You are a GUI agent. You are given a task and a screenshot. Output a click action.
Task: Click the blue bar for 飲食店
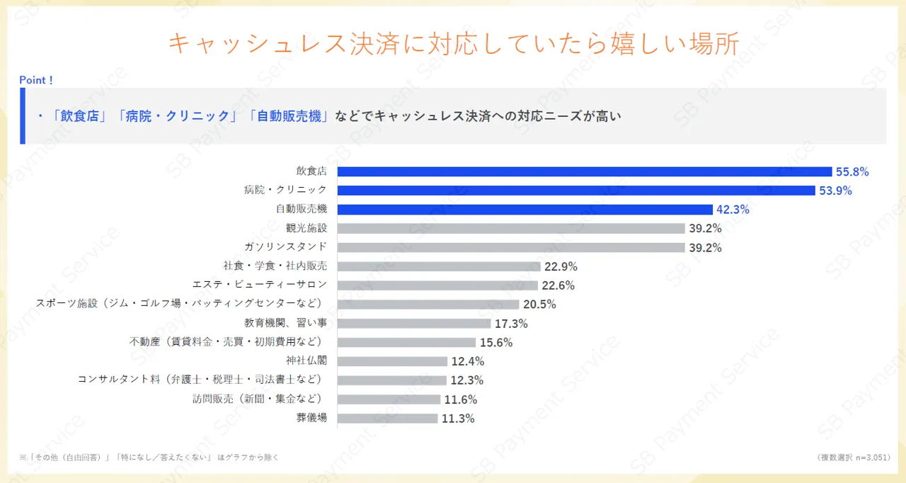584,171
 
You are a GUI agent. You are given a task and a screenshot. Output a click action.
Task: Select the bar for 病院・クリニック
576,191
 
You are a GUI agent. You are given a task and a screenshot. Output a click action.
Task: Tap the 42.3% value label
733,210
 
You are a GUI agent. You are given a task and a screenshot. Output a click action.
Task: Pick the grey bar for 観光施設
511,229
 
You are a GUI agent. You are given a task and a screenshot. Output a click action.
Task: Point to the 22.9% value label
561,267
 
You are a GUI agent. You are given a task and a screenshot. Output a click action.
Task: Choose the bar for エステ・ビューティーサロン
437,285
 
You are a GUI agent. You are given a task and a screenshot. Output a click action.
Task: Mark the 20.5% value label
539,305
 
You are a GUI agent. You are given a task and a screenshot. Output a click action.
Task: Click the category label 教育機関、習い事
286,323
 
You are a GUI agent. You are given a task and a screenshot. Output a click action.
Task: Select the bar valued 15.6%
406,342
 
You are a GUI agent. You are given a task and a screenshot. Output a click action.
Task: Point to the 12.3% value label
466,380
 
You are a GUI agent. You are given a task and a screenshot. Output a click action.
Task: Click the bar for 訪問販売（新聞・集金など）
389,399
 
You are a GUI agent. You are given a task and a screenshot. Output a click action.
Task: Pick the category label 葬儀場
311,418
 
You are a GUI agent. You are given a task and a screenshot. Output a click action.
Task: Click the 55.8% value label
851,171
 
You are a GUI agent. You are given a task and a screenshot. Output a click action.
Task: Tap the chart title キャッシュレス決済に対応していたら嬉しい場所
453,44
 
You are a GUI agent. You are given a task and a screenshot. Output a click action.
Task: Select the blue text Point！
36,80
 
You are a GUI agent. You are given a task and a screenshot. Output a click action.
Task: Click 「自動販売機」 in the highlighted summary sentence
289,116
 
